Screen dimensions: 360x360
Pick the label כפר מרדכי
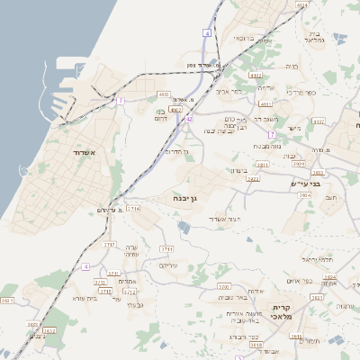pos(301,93)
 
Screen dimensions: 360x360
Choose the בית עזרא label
pos(68,297)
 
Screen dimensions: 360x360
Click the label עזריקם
pos(168,265)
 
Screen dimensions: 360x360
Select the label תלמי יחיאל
pos(318,258)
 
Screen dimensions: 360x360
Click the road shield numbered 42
pos(189,118)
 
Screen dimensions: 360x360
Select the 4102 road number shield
pos(255,76)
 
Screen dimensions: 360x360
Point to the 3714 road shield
pos(134,208)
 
